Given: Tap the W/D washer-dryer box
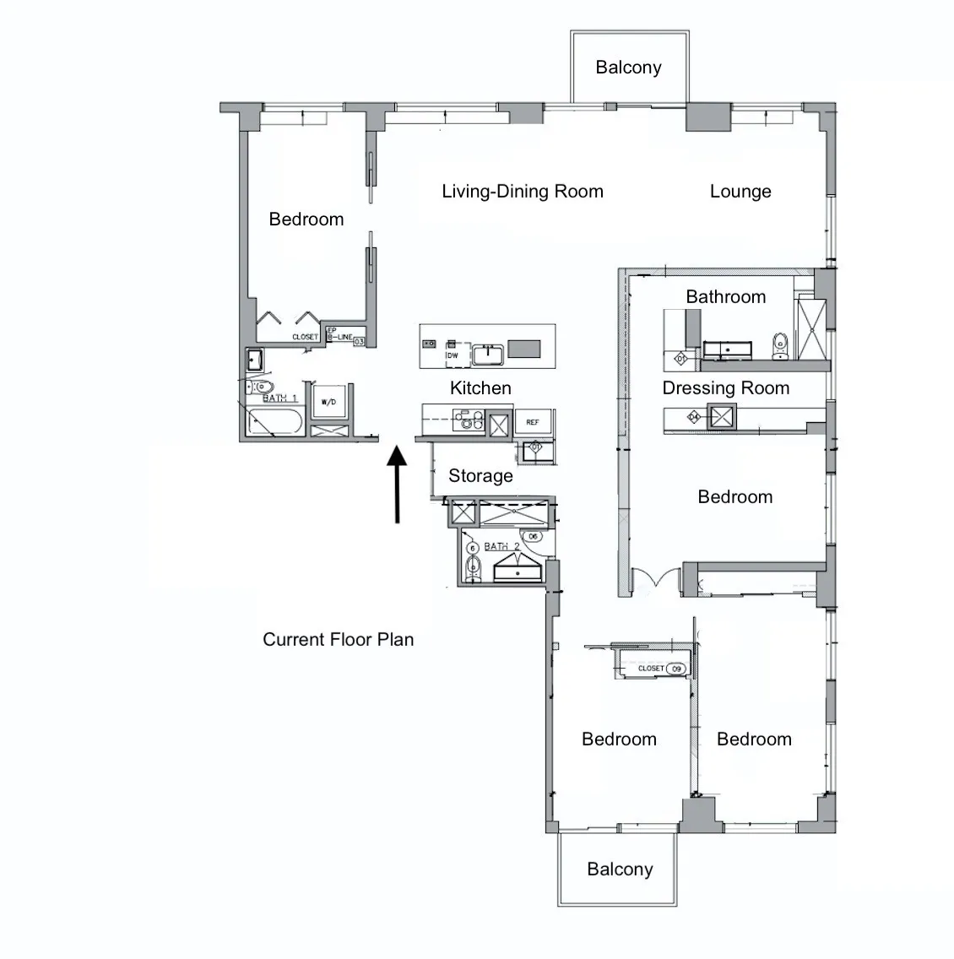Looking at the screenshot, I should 328,403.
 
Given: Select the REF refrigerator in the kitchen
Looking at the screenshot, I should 533,422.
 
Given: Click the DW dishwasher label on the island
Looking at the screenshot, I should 453,355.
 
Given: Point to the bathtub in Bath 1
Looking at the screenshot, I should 273,421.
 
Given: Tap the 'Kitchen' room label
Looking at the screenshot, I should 480,388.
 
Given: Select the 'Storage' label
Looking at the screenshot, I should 480,476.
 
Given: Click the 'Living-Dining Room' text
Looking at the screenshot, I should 523,192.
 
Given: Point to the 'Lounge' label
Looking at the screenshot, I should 740,192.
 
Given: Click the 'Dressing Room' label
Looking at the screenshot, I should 726,388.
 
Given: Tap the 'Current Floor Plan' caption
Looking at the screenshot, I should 338,640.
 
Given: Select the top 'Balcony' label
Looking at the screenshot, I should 628,68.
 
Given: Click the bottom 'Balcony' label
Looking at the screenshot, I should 620,870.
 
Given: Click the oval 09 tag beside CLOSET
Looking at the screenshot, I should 675,669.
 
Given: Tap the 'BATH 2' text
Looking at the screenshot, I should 502,547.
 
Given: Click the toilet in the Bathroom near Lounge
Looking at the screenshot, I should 780,344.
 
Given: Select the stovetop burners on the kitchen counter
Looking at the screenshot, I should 467,420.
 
